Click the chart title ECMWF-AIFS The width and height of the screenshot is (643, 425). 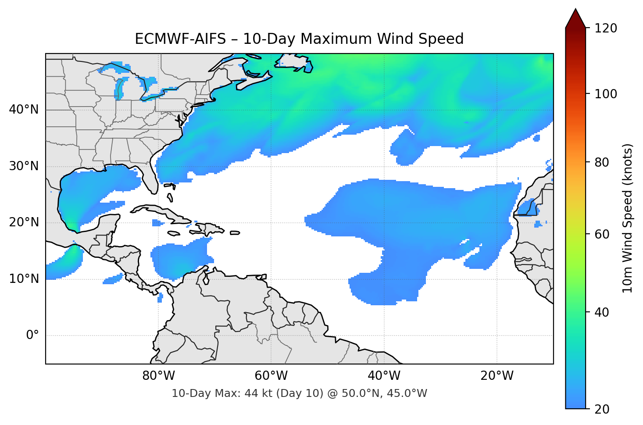299,39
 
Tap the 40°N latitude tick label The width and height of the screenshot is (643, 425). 24,110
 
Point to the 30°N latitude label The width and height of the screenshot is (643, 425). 24,166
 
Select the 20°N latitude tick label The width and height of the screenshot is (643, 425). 24,222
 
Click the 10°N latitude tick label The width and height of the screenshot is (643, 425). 24,279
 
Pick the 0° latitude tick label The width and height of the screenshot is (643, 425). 32,336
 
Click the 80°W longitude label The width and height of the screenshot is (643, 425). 158,376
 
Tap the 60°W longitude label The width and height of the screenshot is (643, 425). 271,376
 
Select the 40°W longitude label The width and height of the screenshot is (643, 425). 384,376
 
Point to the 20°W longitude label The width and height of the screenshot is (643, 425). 497,376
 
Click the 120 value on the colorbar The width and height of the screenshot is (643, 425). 606,29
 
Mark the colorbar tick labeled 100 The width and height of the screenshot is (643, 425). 606,94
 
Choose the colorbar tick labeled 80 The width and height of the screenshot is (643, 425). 602,162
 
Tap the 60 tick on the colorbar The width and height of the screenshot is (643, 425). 602,234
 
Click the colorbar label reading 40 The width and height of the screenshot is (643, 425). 602,312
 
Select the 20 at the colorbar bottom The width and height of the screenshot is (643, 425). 602,409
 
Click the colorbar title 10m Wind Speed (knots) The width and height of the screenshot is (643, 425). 628,218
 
